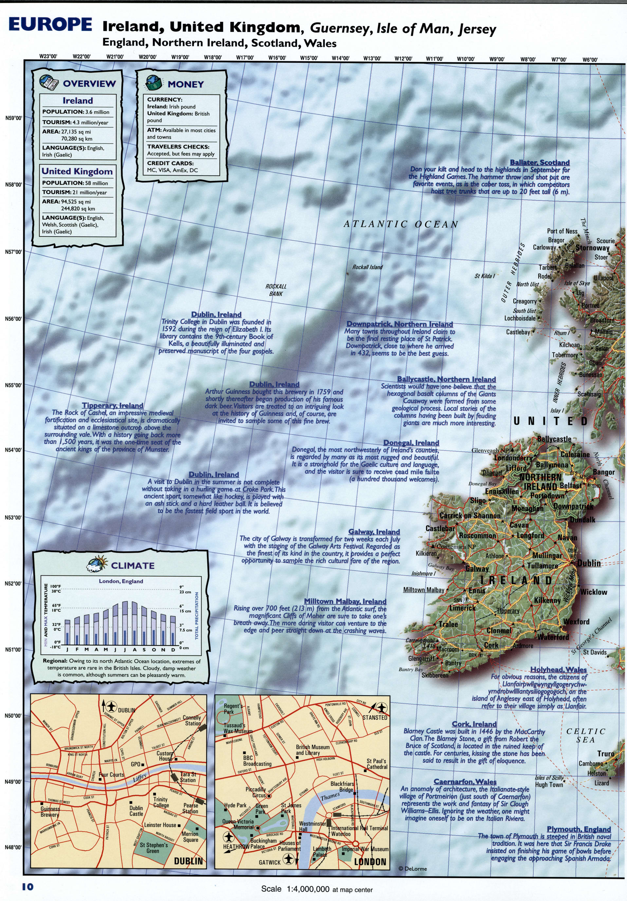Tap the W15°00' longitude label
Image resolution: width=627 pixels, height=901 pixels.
[309, 58]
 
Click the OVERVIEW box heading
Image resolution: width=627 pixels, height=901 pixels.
[89, 84]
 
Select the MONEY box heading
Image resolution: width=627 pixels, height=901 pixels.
[185, 85]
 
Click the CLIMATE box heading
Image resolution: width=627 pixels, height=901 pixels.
[133, 566]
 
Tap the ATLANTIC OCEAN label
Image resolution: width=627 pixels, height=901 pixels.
[401, 224]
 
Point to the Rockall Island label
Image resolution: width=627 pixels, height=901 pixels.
[367, 267]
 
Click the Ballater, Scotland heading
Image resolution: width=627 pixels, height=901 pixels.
[540, 163]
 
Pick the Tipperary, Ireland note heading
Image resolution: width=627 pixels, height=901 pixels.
[113, 405]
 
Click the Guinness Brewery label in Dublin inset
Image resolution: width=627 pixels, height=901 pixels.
[50, 812]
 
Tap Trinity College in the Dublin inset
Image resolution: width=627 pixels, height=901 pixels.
[161, 802]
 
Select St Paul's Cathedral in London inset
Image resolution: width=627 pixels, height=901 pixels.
[377, 764]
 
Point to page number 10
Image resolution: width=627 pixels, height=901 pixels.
[28, 886]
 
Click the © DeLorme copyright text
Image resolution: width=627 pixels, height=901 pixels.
[413, 869]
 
